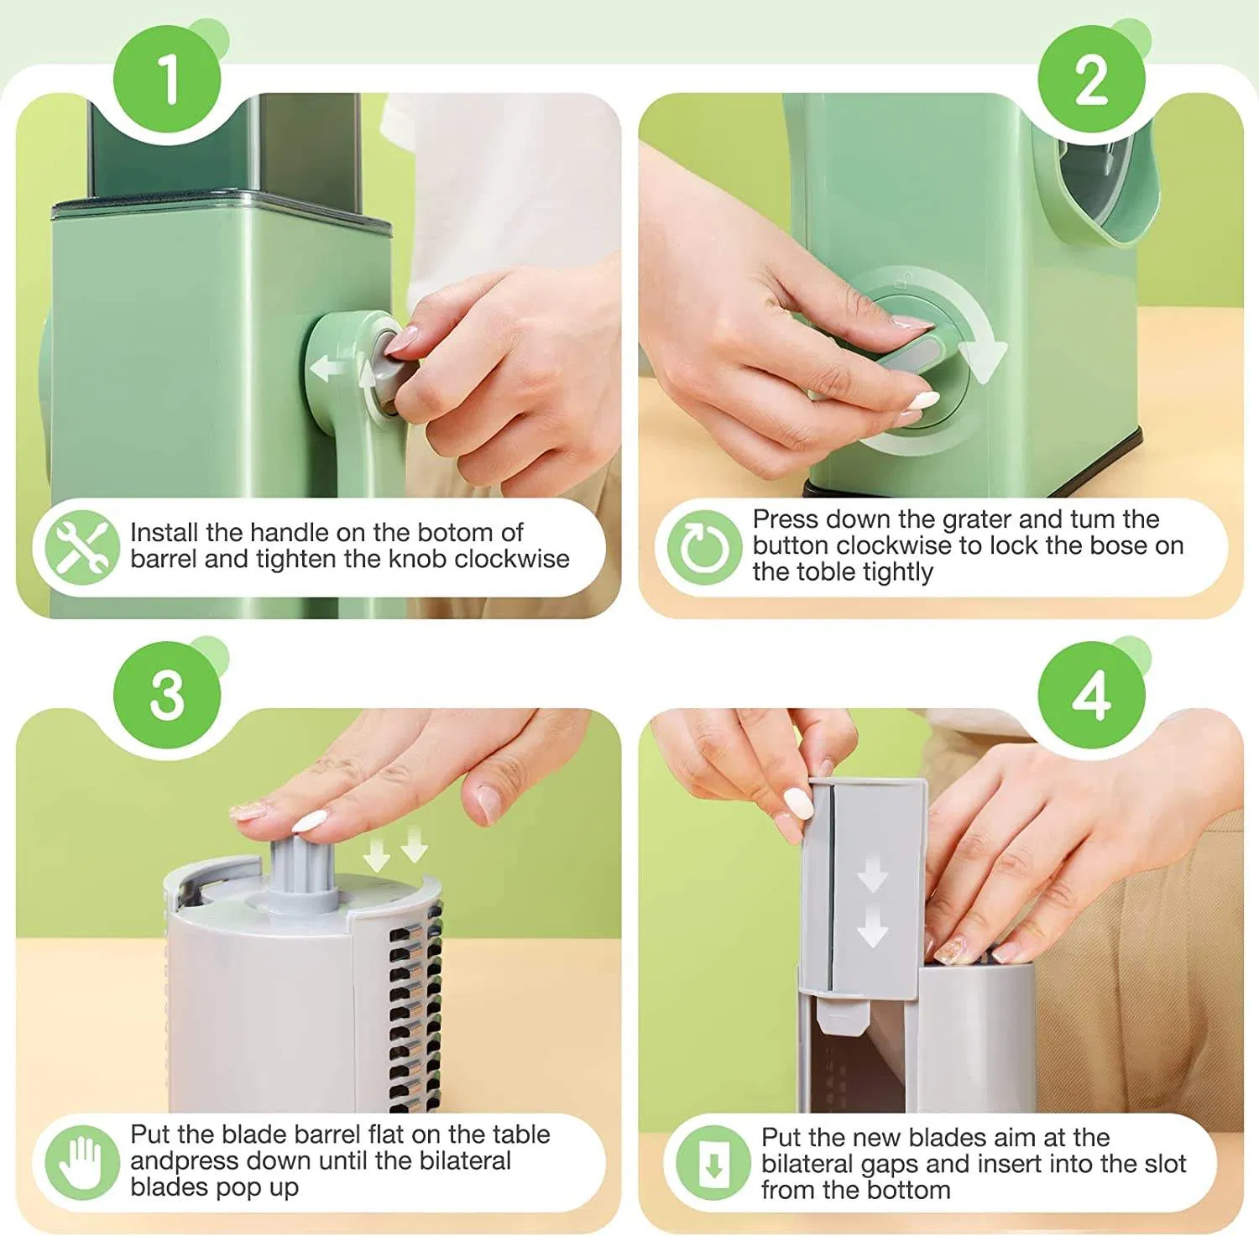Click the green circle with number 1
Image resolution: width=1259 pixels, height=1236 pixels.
[168, 80]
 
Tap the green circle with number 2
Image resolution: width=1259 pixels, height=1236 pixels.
[1091, 80]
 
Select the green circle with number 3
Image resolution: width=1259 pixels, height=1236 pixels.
[168, 695]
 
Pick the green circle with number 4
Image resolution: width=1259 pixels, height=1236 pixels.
[1091, 695]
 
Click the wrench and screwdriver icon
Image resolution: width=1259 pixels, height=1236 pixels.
[77, 547]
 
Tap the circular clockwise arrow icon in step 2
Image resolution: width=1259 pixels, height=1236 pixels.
[704, 547]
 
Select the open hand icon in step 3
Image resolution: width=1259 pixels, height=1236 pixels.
[82, 1163]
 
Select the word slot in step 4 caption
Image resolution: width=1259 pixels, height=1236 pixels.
[1162, 1164]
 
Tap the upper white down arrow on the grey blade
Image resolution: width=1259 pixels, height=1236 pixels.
[872, 877]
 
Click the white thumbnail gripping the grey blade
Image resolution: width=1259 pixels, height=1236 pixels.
[798, 803]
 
